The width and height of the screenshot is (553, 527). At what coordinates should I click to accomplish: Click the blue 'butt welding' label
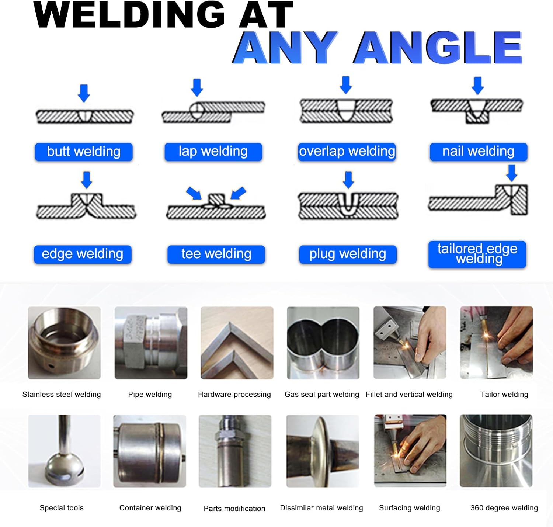(x=84, y=152)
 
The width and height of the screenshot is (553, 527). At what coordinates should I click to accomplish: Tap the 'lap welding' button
(x=213, y=152)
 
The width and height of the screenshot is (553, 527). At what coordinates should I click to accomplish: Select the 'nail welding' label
(x=478, y=152)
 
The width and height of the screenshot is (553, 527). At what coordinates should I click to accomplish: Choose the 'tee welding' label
(x=216, y=254)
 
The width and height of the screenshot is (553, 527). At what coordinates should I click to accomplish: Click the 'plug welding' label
(x=348, y=254)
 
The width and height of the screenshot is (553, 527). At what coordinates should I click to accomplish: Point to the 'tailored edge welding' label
(x=477, y=254)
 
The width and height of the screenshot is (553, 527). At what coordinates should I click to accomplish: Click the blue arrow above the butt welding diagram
(x=84, y=93)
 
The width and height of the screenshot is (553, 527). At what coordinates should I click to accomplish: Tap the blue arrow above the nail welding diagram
(x=478, y=85)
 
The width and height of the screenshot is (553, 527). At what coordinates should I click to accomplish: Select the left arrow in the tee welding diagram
(x=194, y=193)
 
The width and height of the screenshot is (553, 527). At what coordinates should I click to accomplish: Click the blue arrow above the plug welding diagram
(x=348, y=180)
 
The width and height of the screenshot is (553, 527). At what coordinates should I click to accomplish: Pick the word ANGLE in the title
(x=438, y=48)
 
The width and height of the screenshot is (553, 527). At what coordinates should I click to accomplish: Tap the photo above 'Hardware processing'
(x=237, y=343)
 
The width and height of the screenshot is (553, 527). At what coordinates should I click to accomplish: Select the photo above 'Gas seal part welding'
(x=323, y=343)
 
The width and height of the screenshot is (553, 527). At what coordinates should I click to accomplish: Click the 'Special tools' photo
(x=64, y=451)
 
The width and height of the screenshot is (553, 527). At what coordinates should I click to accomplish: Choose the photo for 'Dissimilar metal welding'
(x=323, y=451)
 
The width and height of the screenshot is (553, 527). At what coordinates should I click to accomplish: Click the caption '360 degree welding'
(x=504, y=508)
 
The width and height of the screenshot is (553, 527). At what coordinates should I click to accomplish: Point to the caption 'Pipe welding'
(x=150, y=394)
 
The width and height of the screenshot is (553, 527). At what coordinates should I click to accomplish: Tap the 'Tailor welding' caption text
(x=504, y=394)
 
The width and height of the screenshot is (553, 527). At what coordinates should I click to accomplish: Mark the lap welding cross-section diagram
(x=213, y=111)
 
